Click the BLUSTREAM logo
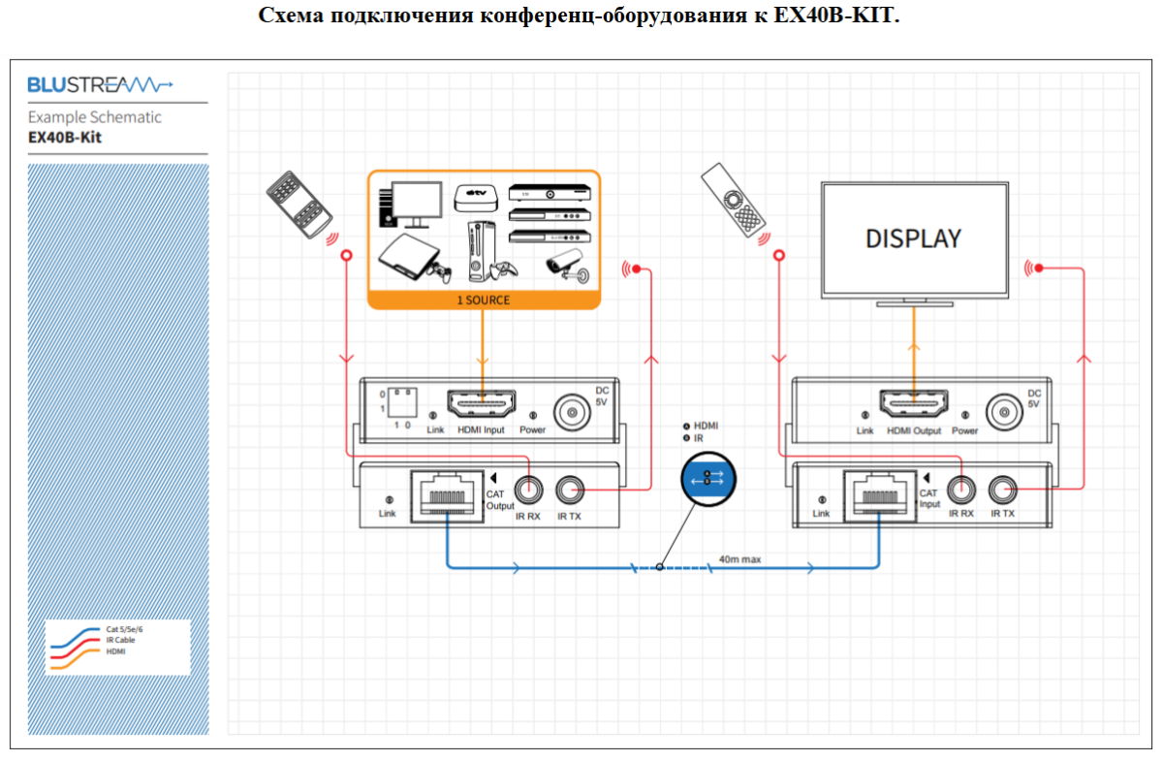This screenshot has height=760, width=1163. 100,84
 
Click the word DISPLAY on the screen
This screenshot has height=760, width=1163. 913,239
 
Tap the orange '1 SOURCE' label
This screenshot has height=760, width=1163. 484,300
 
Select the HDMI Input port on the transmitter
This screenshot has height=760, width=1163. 482,403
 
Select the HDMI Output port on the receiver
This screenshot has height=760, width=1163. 913,403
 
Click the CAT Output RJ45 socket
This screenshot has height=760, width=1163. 447,496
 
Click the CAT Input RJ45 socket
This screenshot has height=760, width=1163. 880,496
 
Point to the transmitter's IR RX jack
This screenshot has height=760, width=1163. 528,490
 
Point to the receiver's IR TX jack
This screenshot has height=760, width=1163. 1002,490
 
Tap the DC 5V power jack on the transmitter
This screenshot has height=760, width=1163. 572,413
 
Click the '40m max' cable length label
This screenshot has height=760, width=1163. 739,559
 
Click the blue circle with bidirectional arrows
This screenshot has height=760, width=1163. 708,479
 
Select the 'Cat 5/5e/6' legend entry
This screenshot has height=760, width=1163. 124,629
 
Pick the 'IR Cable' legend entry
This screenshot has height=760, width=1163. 120,640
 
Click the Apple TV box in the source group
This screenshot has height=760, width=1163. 476,198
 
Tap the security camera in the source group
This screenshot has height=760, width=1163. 568,266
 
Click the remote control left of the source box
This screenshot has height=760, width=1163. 299,205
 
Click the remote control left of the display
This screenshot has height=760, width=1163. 733,200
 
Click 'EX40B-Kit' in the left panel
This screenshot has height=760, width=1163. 65,138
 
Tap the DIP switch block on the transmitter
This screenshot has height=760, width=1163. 402,402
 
